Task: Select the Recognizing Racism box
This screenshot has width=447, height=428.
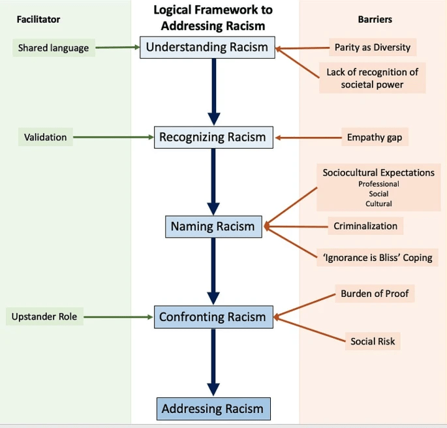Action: click(x=212, y=137)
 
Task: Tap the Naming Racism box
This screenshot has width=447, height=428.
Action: click(x=212, y=226)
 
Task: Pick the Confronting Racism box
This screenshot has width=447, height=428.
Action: click(x=212, y=317)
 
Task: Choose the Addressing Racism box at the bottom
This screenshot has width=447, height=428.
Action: click(x=212, y=409)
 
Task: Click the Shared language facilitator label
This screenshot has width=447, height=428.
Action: click(x=54, y=48)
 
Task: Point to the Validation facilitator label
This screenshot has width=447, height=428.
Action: click(x=46, y=137)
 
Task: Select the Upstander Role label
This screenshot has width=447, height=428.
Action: click(x=44, y=317)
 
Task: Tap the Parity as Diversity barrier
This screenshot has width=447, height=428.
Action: click(x=373, y=48)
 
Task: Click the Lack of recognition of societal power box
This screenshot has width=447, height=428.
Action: click(x=372, y=78)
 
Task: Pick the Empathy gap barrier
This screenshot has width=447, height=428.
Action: click(x=375, y=137)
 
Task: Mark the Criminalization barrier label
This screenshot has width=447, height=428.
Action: click(x=365, y=226)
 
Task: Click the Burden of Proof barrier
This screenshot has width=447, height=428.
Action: click(x=375, y=294)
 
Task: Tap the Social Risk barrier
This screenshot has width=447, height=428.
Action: click(x=373, y=341)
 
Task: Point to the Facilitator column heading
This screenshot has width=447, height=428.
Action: click(x=38, y=20)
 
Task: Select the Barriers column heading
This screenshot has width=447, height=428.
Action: click(x=375, y=20)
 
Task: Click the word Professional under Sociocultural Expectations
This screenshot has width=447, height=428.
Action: click(x=378, y=184)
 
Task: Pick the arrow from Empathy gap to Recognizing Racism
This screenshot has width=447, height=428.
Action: click(x=307, y=138)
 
